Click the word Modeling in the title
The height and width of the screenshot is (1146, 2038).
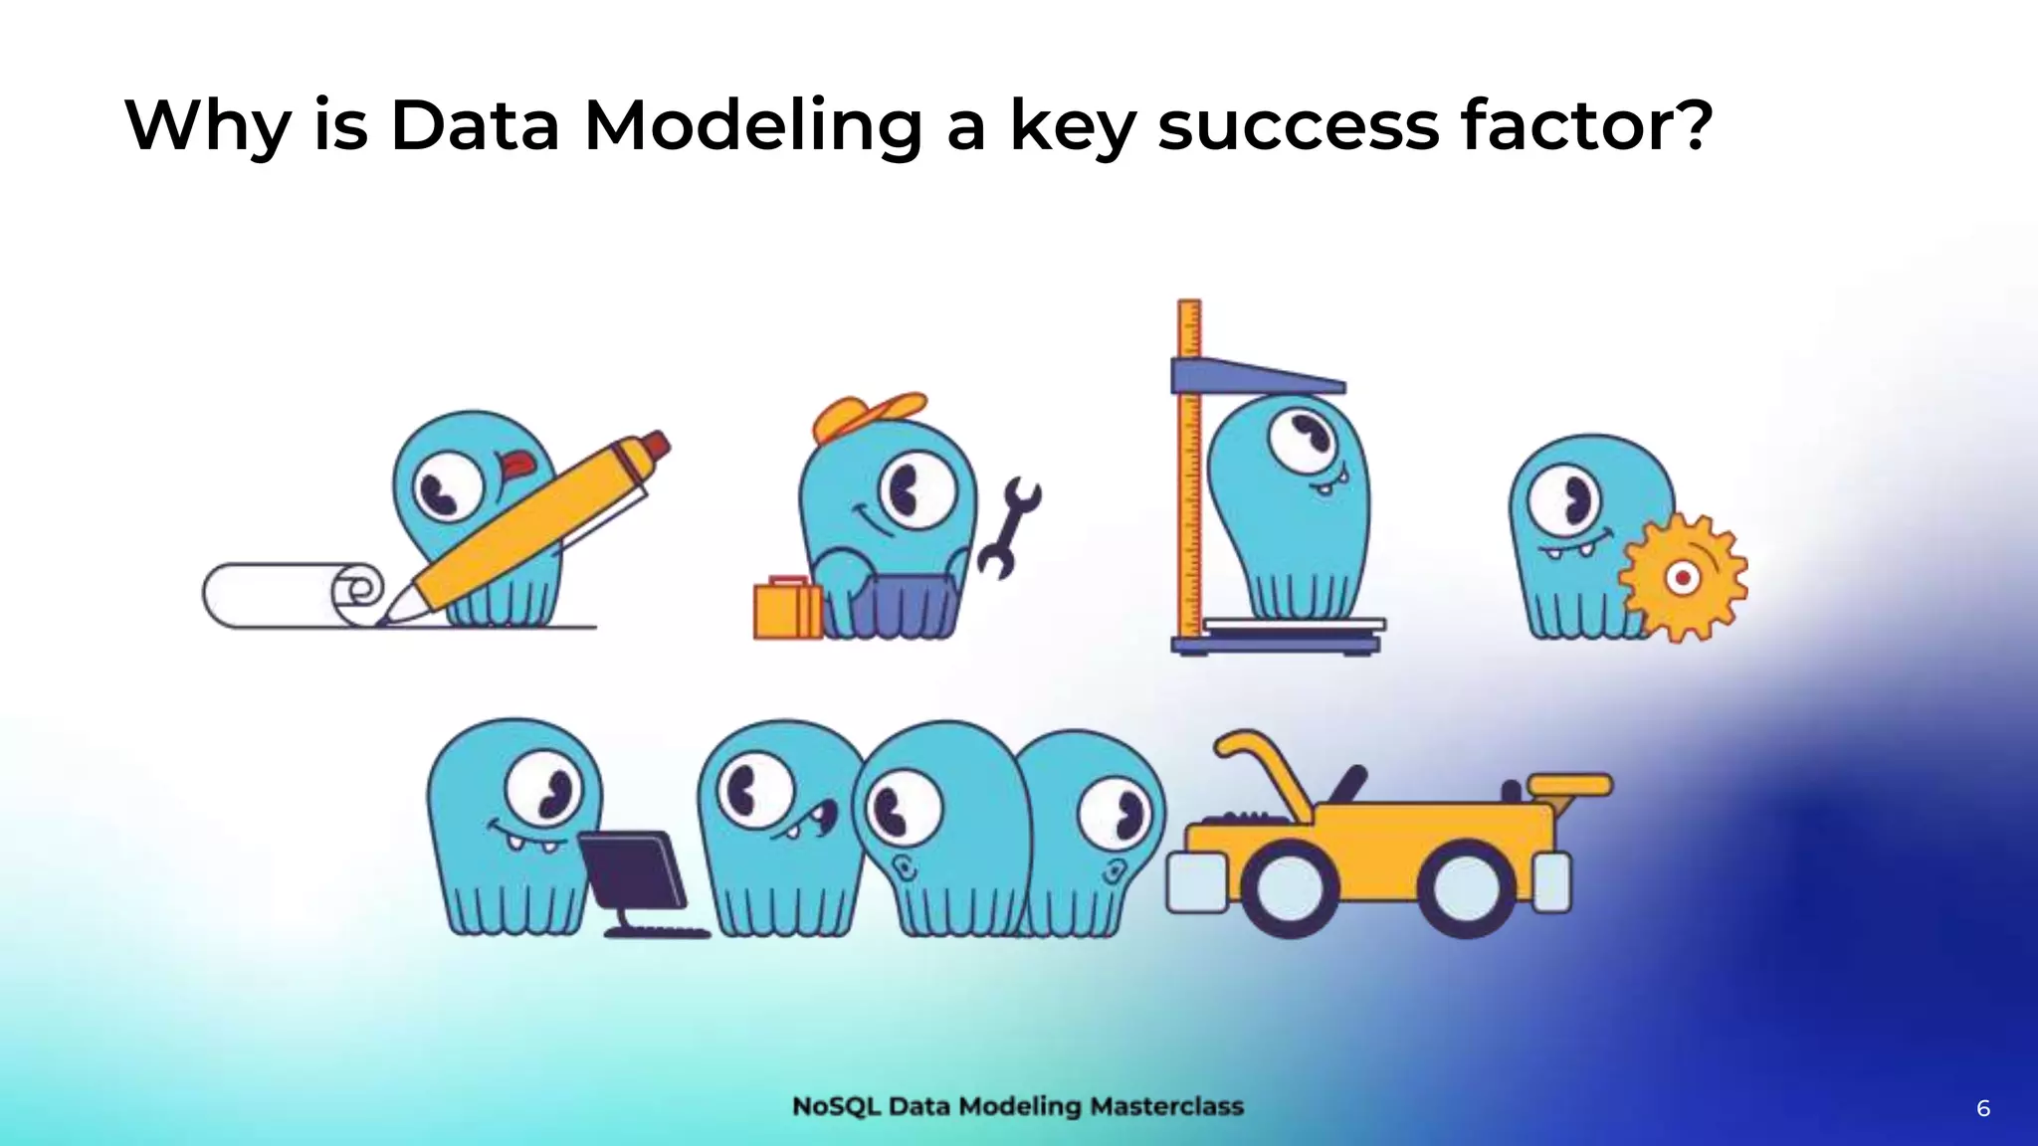(753, 127)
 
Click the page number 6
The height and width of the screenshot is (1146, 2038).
(1982, 1108)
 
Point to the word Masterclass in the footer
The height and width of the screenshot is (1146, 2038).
(1166, 1106)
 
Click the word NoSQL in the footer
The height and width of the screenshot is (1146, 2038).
(836, 1106)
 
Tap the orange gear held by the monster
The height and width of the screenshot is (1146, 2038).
(1682, 577)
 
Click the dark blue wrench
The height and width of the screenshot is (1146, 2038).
(1007, 527)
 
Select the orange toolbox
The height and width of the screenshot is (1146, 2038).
(786, 609)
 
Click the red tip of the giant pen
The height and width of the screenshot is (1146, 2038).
(655, 444)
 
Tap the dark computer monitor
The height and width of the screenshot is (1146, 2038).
(633, 869)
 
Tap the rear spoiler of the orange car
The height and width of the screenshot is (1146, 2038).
(1570, 786)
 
